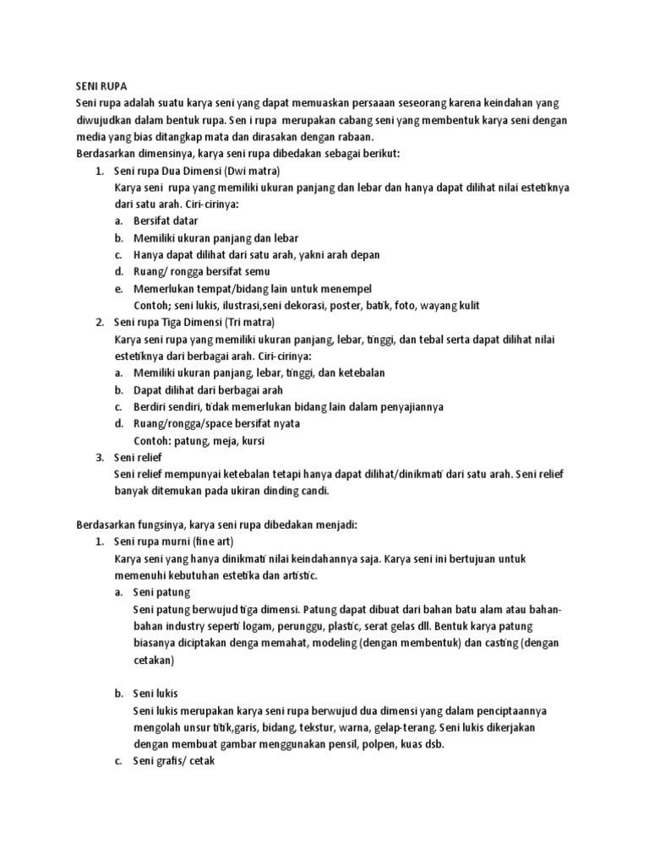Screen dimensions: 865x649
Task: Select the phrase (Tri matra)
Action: click(249, 322)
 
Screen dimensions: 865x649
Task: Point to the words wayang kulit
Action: click(461, 305)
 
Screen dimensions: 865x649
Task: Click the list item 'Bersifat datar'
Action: click(166, 220)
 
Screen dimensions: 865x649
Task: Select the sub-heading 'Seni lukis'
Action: click(155, 694)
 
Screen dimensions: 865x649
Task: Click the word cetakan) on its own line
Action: click(153, 660)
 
